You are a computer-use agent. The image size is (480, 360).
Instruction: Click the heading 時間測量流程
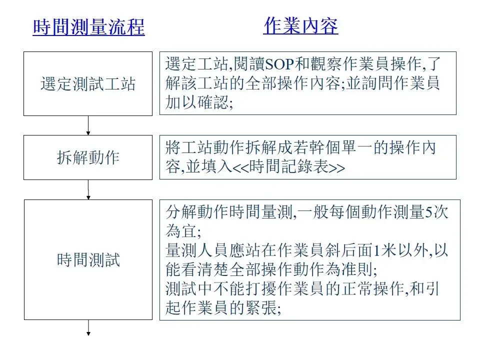point(88,27)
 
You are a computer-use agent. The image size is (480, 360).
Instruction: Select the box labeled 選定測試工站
point(88,83)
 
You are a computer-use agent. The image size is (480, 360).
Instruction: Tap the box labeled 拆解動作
point(88,157)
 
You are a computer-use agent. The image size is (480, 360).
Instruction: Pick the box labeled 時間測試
point(88,260)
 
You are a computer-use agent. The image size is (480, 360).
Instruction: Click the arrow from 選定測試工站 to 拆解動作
point(88,125)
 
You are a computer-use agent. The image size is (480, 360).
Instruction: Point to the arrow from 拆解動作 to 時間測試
point(88,189)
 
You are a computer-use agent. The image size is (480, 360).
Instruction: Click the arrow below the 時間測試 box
point(88,327)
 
